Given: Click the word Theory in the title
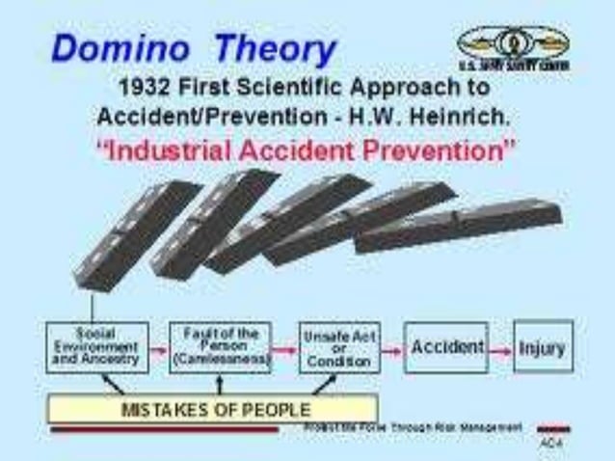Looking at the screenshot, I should tap(276, 48).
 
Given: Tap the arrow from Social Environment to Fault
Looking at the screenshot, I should tap(160, 348).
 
